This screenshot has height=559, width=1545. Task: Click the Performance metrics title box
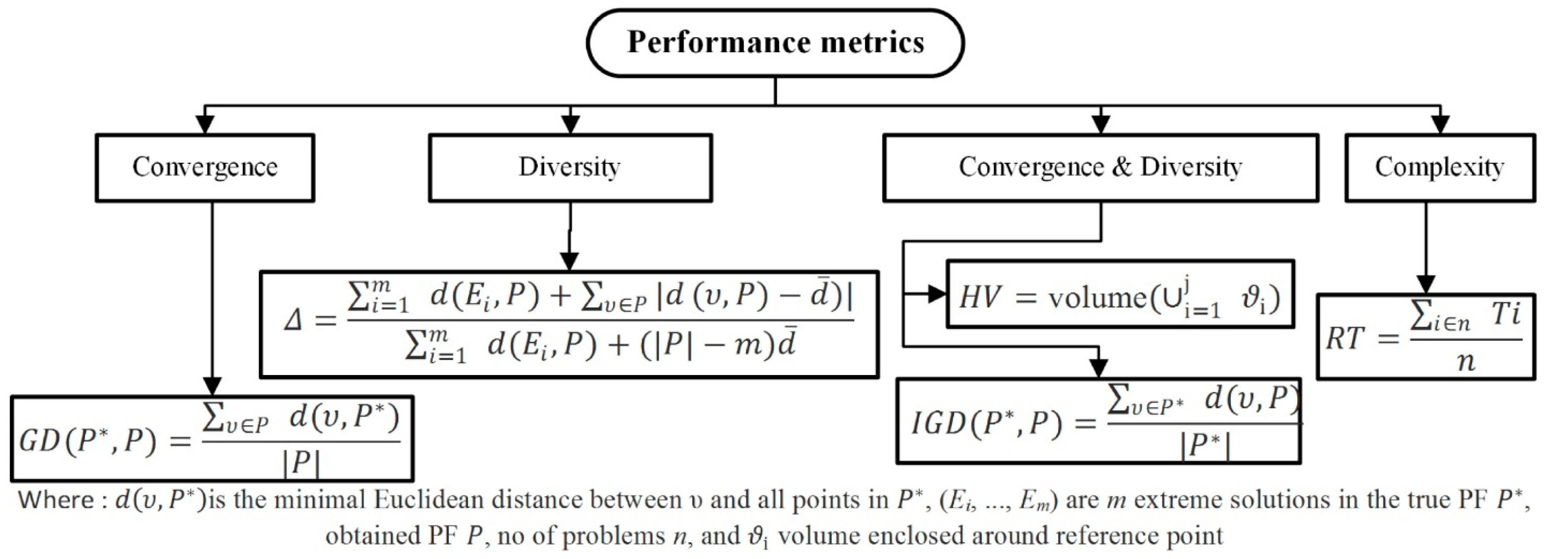[x=775, y=42]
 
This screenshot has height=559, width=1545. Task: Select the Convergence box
[x=205, y=167]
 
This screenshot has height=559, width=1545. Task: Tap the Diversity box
[x=570, y=167]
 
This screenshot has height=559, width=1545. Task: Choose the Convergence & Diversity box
[x=1100, y=167]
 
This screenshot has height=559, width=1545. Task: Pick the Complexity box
[x=1440, y=167]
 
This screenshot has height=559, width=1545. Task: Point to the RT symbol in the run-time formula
[x=1345, y=338]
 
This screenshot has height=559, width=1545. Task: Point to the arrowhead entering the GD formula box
[x=213, y=386]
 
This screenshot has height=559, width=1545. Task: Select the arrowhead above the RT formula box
[x=1426, y=284]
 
